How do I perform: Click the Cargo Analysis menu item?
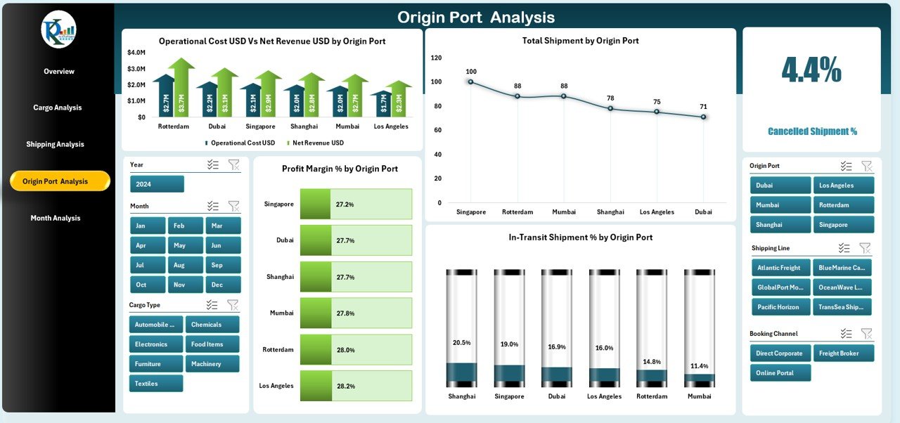pyautogui.click(x=58, y=108)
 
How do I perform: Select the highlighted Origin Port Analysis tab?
pyautogui.click(x=60, y=181)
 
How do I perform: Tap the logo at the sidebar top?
pyautogui.click(x=58, y=30)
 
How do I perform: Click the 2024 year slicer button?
pyautogui.click(x=157, y=184)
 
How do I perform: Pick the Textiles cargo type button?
pyautogui.click(x=155, y=384)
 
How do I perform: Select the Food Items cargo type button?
pyautogui.click(x=212, y=344)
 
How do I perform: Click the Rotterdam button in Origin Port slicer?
pyautogui.click(x=844, y=205)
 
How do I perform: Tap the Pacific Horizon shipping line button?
pyautogui.click(x=779, y=307)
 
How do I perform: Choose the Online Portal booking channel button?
pyautogui.click(x=780, y=373)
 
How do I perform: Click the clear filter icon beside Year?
pyautogui.click(x=234, y=164)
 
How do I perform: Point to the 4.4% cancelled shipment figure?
pyautogui.click(x=811, y=70)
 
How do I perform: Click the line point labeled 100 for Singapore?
pyautogui.click(x=470, y=82)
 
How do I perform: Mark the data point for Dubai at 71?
pyautogui.click(x=703, y=117)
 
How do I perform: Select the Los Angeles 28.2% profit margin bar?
pyautogui.click(x=356, y=386)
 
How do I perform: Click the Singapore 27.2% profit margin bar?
pyautogui.click(x=356, y=204)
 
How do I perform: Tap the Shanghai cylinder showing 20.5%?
pyautogui.click(x=461, y=329)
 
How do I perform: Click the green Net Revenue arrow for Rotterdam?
pyautogui.click(x=181, y=88)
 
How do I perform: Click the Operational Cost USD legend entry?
pyautogui.click(x=241, y=143)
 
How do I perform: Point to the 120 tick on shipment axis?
pyautogui.click(x=436, y=58)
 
